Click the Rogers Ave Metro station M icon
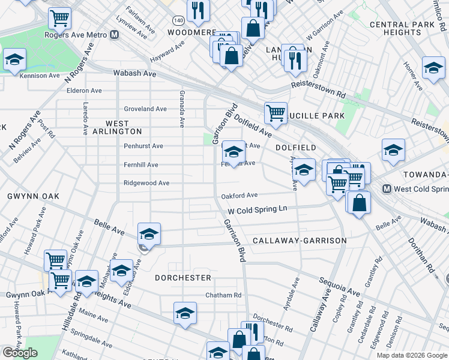point(114,35)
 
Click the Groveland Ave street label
point(145,109)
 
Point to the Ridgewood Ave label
point(146,183)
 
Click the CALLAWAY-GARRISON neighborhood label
point(300,241)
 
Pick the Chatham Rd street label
point(223,295)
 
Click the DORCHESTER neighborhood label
point(183,278)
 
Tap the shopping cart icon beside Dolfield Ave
point(276,112)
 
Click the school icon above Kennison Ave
point(14,59)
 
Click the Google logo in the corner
point(20,353)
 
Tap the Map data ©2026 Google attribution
point(411,355)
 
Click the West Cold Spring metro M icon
point(387,189)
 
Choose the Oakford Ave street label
point(239,196)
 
